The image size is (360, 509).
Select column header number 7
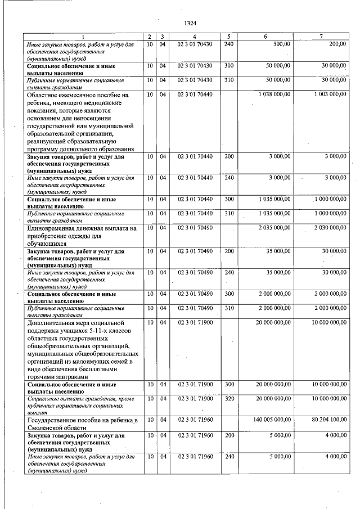pos(321,37)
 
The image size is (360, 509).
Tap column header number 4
pos(195,37)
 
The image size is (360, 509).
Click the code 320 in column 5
pos(228,398)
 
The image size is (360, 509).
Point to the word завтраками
pos(67,377)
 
